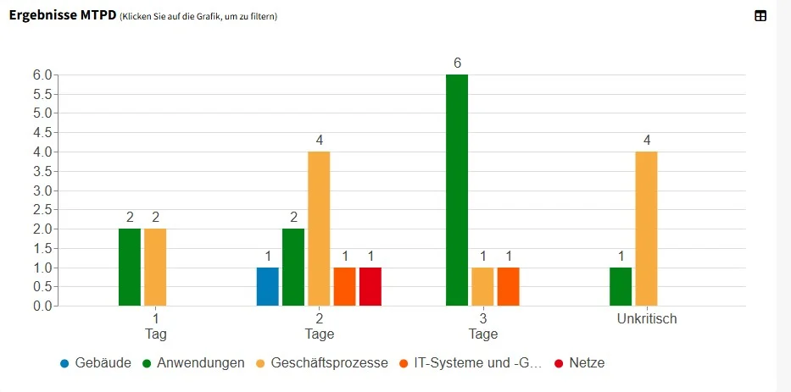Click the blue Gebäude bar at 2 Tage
coord(267,287)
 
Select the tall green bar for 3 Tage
coord(456,190)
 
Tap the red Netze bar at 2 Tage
coord(370,287)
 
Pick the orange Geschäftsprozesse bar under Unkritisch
coord(646,229)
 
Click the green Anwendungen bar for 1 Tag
coord(130,268)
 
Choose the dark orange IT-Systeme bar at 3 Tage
coord(508,287)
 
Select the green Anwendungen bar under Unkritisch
coord(621,287)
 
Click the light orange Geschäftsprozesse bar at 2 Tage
coord(319,229)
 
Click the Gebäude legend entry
coord(95,363)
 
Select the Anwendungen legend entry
coord(194,363)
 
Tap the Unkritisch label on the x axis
coord(646,319)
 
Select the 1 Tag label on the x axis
coord(155,326)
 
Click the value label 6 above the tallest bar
coord(457,63)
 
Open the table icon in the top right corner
coord(760,15)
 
